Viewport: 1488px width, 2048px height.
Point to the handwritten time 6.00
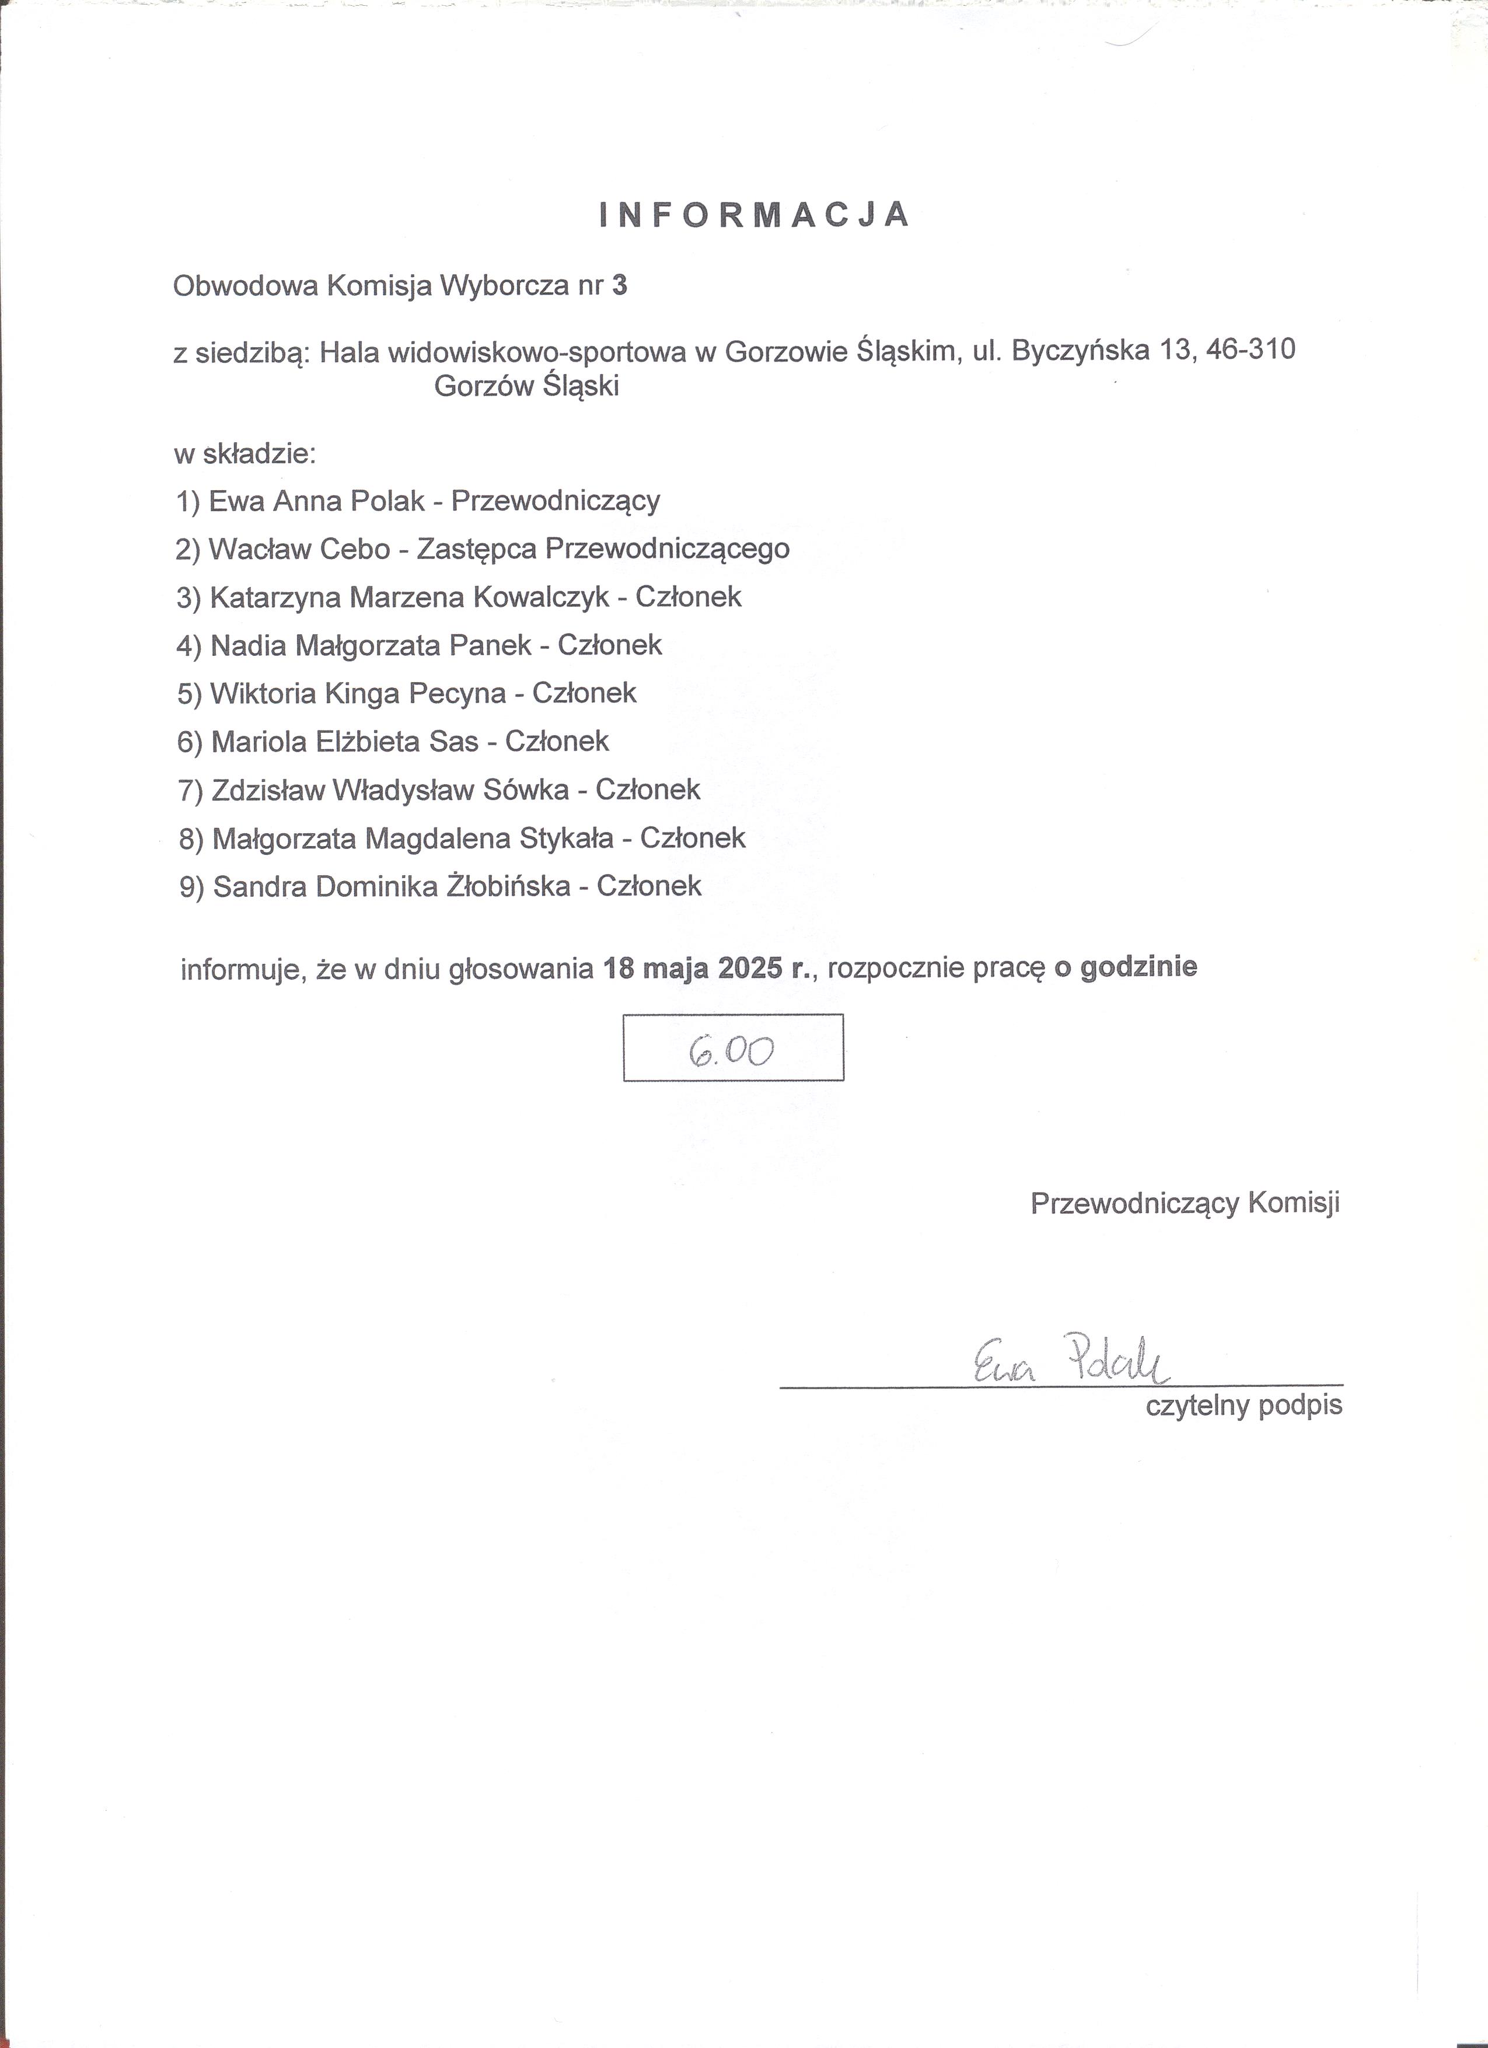coord(731,1050)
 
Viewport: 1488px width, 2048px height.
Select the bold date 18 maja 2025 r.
coord(709,969)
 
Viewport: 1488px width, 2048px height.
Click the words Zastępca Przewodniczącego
coord(603,550)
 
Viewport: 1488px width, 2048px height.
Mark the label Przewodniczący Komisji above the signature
coord(1185,1203)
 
